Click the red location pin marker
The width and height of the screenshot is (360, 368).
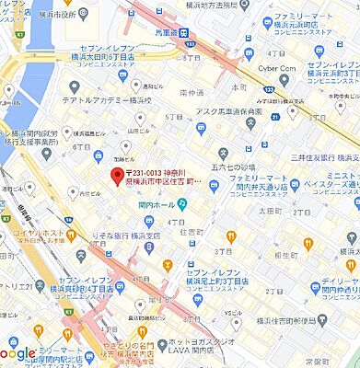coord(116,177)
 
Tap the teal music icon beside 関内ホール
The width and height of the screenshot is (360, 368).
coord(181,203)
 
